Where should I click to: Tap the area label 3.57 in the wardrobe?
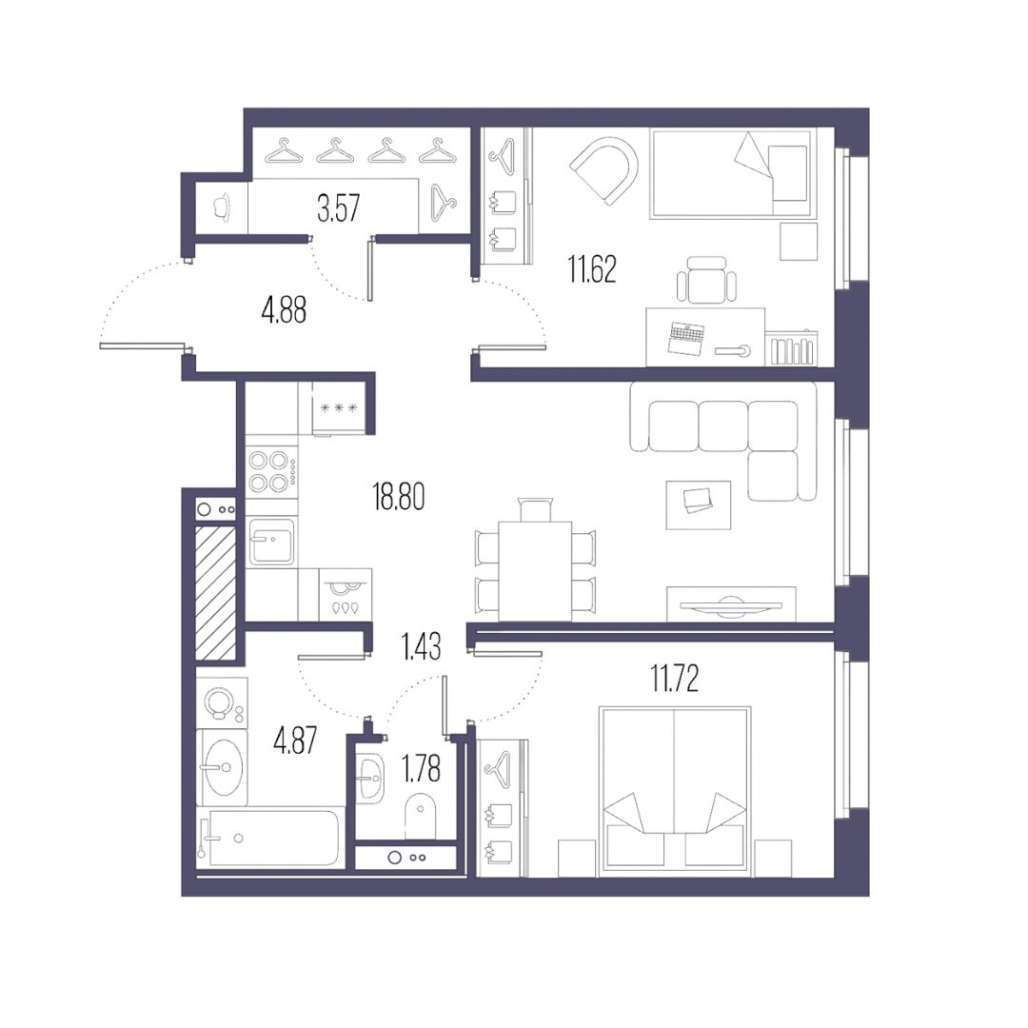coord(338,208)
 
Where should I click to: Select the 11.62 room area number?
coord(592,270)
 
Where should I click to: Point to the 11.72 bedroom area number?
coord(675,679)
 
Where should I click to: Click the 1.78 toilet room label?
coord(421,769)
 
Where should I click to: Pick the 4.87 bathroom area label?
coord(295,741)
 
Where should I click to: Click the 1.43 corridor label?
coord(421,646)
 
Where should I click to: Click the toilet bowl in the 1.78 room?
coord(421,817)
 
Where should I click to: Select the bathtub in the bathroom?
coord(269,839)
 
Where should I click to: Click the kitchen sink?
coord(271,541)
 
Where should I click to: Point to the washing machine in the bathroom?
coord(222,702)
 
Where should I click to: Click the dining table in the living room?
coord(535,571)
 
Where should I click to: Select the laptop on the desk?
coord(685,339)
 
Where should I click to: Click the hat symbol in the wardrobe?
coord(222,207)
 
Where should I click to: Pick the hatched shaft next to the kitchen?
coord(216,593)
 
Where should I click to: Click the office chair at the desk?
coord(706,280)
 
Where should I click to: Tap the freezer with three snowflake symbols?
coord(338,407)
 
